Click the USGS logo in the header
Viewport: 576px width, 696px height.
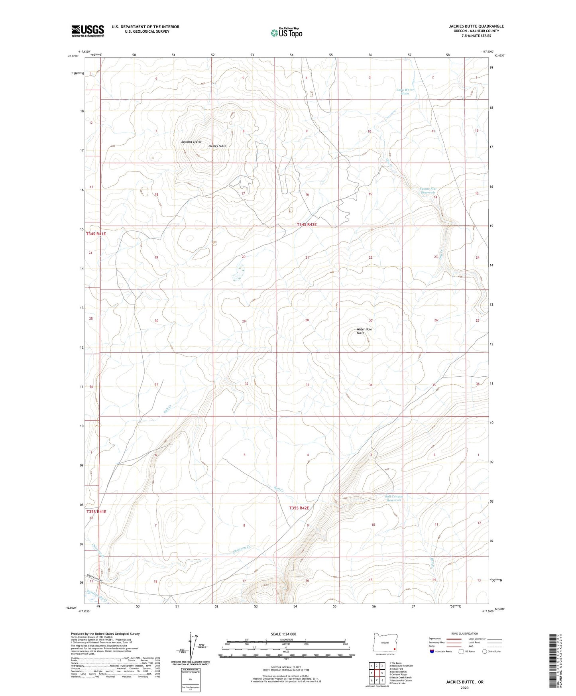88,30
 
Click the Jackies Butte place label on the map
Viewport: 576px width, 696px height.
217,146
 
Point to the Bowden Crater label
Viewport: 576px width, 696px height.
191,142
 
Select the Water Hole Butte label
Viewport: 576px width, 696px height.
364,331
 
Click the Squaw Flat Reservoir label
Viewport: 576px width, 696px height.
429,191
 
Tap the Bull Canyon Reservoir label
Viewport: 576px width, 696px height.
394,498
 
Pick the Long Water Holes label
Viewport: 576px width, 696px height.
405,91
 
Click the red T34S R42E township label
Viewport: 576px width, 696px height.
307,225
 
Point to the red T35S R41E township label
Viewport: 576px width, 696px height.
96,512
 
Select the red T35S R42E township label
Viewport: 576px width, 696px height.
299,508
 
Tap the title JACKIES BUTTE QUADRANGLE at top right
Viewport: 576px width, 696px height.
476,26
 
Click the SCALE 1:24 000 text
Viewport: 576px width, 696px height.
283,634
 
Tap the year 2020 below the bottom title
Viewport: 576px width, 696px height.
464,688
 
